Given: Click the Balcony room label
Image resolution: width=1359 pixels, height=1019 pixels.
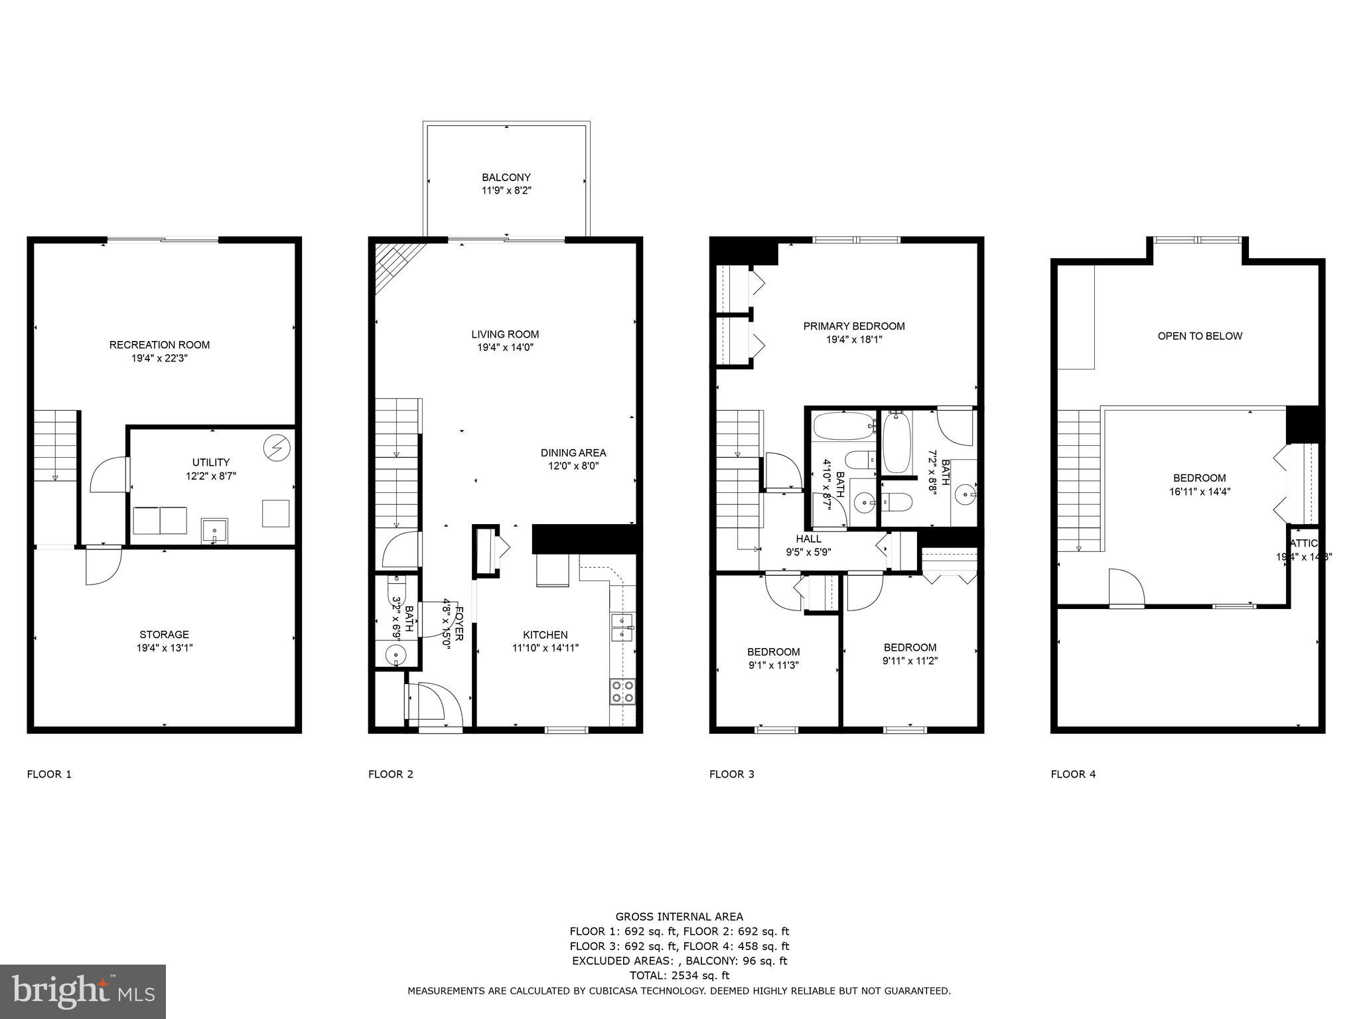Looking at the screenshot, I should (x=506, y=177).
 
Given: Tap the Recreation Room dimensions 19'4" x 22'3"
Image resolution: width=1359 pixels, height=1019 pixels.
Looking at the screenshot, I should (x=159, y=358).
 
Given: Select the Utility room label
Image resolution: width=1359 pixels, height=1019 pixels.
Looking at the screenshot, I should (x=211, y=462).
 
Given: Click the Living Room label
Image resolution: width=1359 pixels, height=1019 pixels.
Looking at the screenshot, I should (x=505, y=334).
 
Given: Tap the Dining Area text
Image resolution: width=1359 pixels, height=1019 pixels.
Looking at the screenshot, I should (x=573, y=452).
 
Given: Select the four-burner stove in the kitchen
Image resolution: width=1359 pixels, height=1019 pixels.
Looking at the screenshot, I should (x=622, y=691).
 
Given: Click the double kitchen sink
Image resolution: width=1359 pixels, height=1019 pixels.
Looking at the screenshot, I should (x=622, y=627).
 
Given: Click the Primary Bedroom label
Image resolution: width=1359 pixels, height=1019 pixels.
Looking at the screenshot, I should (x=853, y=326).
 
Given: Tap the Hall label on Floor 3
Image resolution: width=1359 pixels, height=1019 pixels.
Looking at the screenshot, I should (x=808, y=539).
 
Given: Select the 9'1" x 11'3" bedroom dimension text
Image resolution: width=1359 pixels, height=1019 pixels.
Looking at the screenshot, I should (x=773, y=665).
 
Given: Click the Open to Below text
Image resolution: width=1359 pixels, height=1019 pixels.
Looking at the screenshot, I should (x=1199, y=336).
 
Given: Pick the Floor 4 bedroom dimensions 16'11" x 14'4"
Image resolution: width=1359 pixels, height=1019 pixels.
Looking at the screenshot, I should (x=1199, y=492).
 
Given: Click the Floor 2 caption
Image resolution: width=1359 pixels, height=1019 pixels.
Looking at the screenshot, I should (x=390, y=774).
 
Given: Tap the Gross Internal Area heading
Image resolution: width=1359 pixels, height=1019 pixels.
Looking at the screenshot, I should (x=679, y=917).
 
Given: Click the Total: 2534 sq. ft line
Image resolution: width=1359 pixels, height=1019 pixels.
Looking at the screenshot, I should (x=679, y=975).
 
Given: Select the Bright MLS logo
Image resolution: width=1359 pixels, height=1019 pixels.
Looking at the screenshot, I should (x=83, y=991).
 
